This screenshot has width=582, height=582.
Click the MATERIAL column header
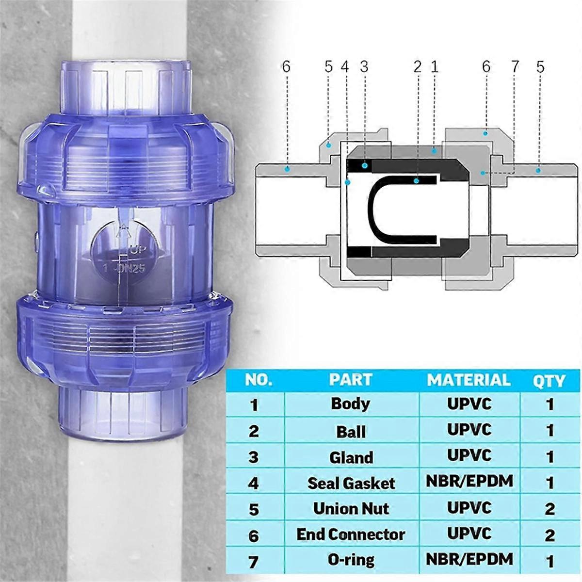coord(469,380)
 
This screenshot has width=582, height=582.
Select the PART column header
coord(350,380)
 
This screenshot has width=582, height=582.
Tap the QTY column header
coord(549,381)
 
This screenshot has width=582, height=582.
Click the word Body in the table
coord(350,404)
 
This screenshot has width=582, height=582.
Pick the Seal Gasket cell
coord(351,483)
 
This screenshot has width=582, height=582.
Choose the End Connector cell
coord(351,534)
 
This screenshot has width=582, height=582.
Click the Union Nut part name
coord(351,509)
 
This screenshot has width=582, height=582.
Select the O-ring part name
coord(351,560)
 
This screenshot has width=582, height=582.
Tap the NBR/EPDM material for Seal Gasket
coord(469,481)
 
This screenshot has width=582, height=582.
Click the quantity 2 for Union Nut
coord(550,509)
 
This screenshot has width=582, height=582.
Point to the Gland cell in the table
coord(351,457)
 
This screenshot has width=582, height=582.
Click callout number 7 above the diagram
coord(515,66)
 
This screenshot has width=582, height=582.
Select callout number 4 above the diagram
coord(345,66)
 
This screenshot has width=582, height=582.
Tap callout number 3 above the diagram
coord(364,66)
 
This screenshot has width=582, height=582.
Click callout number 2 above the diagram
coord(418,66)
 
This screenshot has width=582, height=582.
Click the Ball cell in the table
coord(351,432)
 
